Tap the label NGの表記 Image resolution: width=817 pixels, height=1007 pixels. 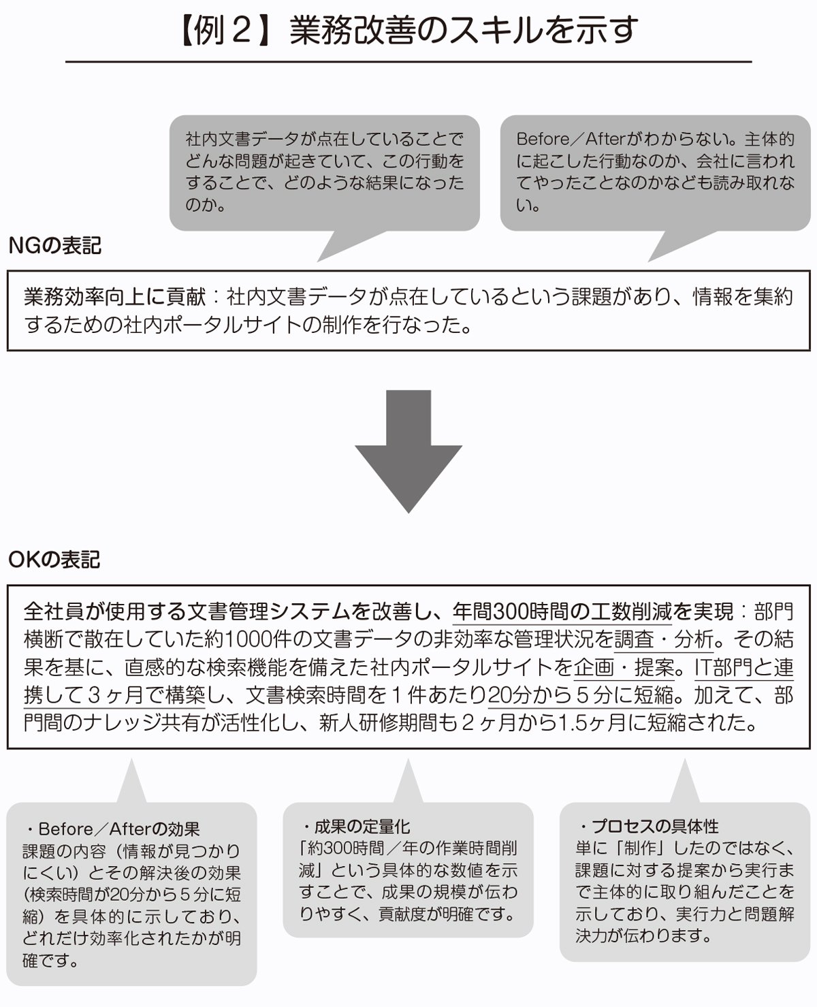point(55,246)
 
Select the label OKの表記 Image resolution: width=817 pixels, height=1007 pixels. point(54,560)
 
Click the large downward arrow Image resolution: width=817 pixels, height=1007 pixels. point(408,451)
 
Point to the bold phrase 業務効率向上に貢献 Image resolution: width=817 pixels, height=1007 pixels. point(115,297)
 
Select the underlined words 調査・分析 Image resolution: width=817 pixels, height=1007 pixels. point(664,639)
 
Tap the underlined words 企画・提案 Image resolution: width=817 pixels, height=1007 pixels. point(624,667)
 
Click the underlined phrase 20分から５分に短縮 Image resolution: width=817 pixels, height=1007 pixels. point(580,695)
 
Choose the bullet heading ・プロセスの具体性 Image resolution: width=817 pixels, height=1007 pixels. point(648,826)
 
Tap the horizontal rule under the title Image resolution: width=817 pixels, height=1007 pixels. point(408,61)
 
